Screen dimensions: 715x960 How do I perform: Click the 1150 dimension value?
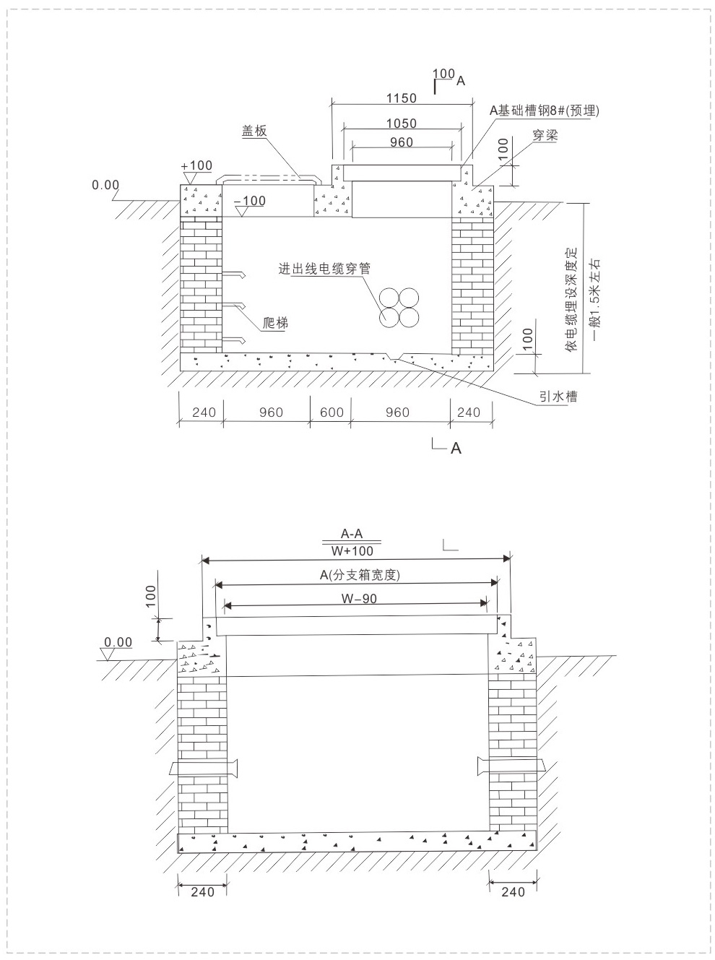tap(402, 99)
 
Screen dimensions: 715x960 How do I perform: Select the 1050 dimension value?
tap(402, 124)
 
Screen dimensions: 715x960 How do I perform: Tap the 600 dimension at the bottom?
tap(331, 412)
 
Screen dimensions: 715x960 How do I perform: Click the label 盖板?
tap(254, 131)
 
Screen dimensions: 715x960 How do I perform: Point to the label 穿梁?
tap(545, 136)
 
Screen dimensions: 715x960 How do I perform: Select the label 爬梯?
tap(275, 323)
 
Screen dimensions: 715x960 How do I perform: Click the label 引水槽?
tap(558, 397)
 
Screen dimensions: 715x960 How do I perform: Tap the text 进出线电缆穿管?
tap(324, 269)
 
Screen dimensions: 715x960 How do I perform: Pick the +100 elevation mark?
tap(196, 165)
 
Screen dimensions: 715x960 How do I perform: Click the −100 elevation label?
tap(249, 202)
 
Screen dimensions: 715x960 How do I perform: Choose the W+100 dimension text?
tap(352, 551)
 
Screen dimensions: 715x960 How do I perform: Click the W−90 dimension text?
tap(359, 599)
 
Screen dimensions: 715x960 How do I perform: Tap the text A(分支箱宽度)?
tap(360, 575)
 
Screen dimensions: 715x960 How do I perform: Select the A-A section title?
tap(352, 534)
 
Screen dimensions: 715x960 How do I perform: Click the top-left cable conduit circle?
tap(389, 298)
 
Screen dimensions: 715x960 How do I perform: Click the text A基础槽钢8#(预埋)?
tap(545, 111)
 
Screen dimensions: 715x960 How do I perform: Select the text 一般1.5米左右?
tap(596, 300)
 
